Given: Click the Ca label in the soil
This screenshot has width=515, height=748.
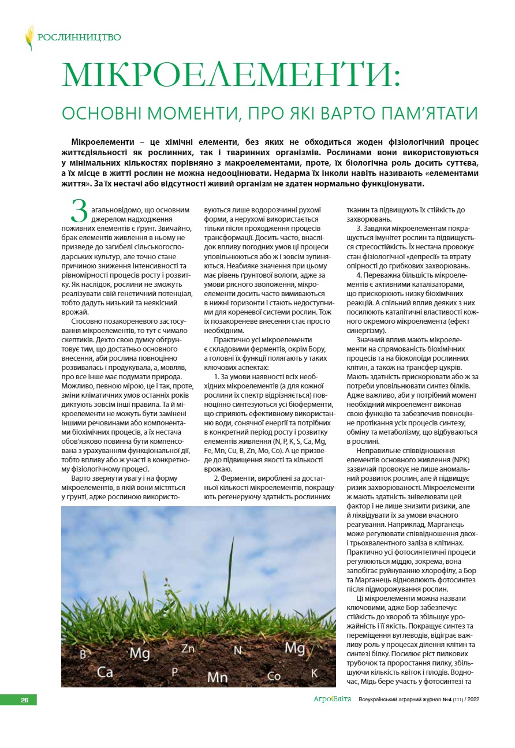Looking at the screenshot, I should [105, 672].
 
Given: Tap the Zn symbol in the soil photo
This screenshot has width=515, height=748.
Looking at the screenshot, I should [188, 649].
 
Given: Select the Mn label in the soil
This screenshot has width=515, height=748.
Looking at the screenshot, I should [217, 676].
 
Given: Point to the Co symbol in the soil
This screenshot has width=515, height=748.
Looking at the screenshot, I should [274, 676].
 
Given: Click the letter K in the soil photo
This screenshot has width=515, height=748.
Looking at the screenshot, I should [314, 673].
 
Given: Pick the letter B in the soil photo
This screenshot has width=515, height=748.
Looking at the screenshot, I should [83, 655].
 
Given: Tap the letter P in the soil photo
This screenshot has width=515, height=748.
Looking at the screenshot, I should [174, 672].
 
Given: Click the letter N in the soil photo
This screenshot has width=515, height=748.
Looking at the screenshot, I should [237, 650].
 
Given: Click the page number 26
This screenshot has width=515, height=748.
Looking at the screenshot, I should [24, 700].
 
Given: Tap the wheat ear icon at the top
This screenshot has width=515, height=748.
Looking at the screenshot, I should [29, 38].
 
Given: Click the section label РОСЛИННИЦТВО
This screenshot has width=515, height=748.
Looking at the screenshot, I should [79, 38].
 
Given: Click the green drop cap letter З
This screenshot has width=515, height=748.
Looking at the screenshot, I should [79, 211].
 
